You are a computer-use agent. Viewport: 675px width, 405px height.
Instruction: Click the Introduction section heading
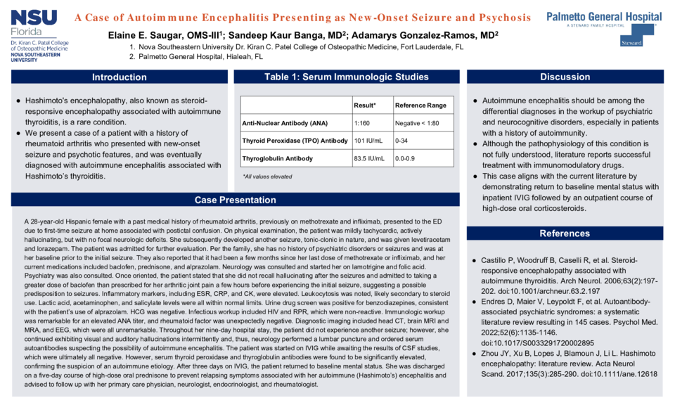(120, 77)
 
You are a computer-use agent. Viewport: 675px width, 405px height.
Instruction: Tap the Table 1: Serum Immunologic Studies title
(346, 77)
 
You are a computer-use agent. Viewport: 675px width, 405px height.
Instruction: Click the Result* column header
(365, 105)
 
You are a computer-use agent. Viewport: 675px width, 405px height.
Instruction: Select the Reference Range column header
(420, 105)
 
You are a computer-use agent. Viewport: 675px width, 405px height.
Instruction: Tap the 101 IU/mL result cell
(368, 141)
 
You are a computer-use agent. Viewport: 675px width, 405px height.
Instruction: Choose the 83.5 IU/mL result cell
(369, 158)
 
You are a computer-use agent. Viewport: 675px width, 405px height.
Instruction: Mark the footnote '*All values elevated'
(266, 176)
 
